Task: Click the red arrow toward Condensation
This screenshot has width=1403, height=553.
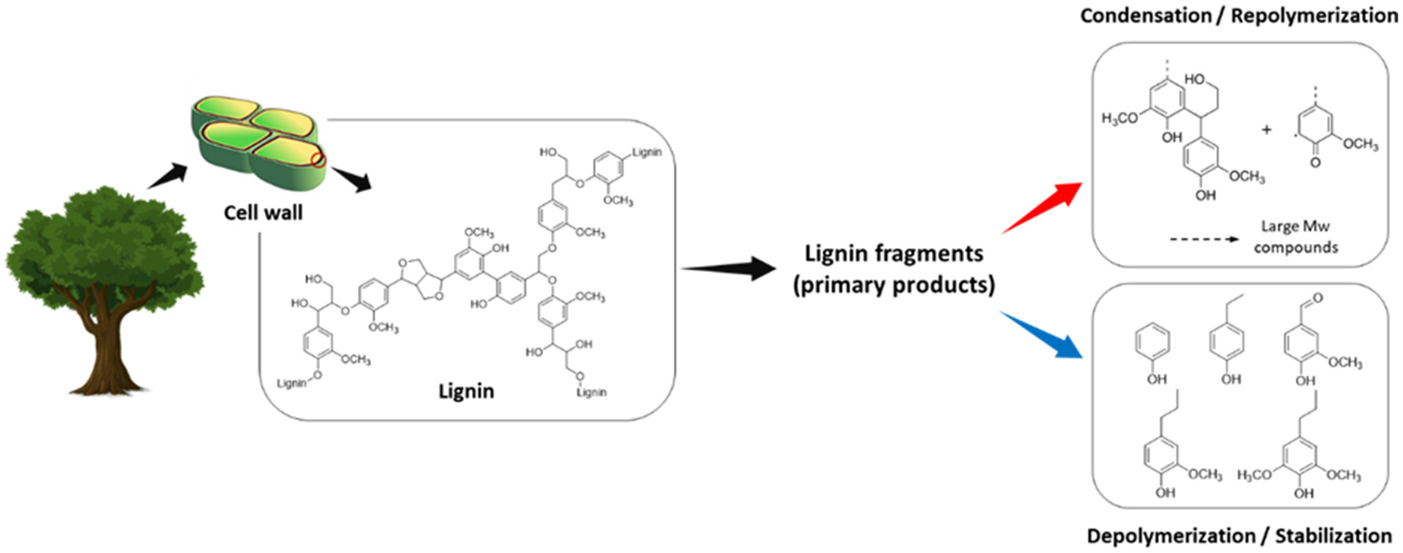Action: (1043, 208)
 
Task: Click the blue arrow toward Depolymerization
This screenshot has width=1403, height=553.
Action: (1041, 335)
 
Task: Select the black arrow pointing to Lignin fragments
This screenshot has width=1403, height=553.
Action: (728, 268)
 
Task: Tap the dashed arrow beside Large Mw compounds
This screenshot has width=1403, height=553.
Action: (1203, 238)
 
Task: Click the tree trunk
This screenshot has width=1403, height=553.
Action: (107, 346)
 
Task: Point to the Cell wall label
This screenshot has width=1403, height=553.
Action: (263, 212)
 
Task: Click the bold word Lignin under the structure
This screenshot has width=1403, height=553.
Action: (466, 391)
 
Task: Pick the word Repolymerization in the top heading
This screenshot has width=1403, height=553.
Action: (1314, 15)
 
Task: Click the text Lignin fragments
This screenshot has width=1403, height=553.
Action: (893, 253)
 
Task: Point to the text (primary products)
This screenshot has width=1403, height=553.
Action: (893, 284)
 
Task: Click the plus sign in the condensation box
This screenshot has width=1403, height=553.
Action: (1266, 130)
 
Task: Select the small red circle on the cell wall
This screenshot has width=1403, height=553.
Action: (318, 160)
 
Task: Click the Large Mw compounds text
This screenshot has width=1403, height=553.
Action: (1295, 237)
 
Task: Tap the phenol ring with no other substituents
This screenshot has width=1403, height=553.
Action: (1152, 343)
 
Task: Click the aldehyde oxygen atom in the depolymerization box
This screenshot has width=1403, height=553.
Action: (1318, 298)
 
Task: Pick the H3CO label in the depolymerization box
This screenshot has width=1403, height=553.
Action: (1254, 475)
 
